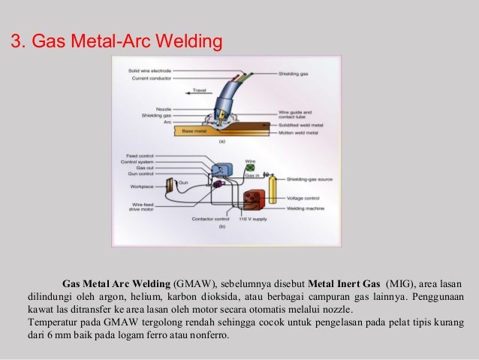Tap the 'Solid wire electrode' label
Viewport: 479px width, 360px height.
tap(151, 71)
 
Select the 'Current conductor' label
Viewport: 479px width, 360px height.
tap(150, 77)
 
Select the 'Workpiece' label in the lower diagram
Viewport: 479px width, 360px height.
tap(140, 183)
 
